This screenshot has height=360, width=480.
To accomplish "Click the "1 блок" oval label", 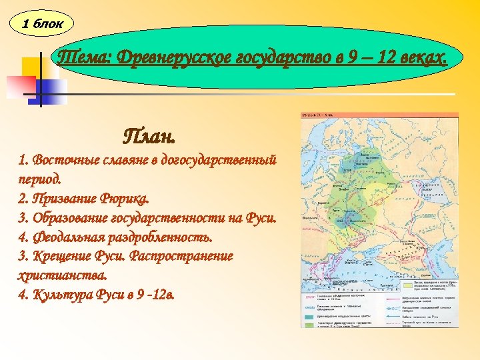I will (x=42, y=24).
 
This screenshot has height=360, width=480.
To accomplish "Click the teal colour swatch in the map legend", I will (x=311, y=316).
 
